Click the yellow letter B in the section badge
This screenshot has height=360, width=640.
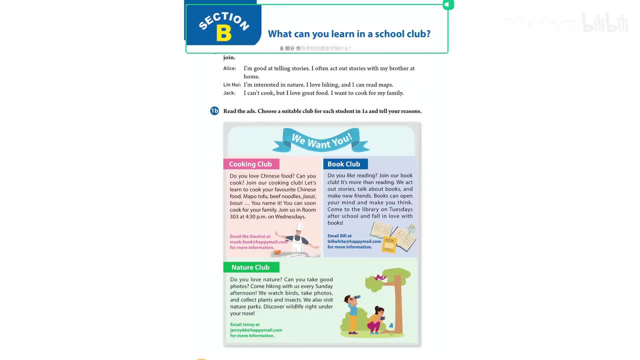click(x=224, y=33)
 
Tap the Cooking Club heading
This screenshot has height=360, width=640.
click(x=250, y=164)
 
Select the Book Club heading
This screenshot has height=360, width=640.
click(x=344, y=164)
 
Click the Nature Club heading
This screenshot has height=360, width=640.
click(x=250, y=267)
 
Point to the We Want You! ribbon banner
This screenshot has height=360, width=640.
click(x=321, y=140)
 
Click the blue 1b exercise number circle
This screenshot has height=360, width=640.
click(x=214, y=111)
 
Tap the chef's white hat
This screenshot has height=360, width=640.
click(x=299, y=227)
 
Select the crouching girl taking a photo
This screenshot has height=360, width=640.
click(x=375, y=319)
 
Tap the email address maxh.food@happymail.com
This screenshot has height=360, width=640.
click(x=258, y=242)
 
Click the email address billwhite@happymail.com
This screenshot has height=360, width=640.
click(x=354, y=241)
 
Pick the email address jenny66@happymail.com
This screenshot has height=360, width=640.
click(x=256, y=330)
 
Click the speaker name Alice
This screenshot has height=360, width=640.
click(x=229, y=68)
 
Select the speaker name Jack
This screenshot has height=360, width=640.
click(x=229, y=93)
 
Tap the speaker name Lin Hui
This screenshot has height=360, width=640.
click(x=231, y=85)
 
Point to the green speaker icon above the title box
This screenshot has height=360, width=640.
click(x=448, y=4)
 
